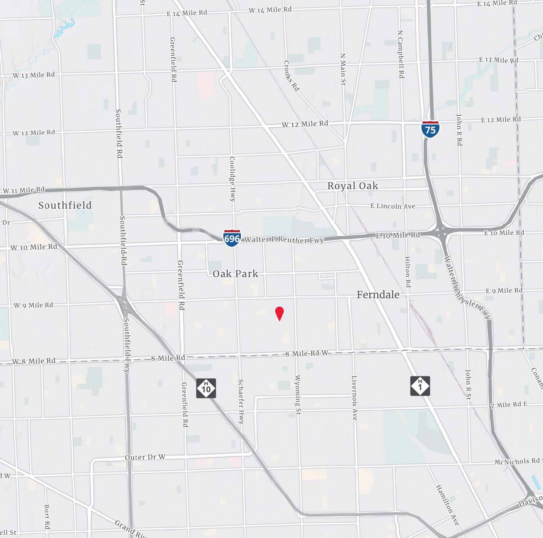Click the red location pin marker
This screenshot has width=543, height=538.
pos(279,313)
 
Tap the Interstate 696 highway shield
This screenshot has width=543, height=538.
pos(232,238)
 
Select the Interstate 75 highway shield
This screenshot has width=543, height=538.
pos(430,129)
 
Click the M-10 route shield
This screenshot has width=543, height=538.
pos(206,388)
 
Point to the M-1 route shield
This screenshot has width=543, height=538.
pos(420,386)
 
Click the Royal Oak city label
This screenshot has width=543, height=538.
pos(353,186)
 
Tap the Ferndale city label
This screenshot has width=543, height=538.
pos(378,295)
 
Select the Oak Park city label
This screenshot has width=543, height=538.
pos(235,274)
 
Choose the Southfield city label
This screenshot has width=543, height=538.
pos(65,205)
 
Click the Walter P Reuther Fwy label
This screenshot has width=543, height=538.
pos(284,240)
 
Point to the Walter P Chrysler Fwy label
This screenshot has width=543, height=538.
pos(467,288)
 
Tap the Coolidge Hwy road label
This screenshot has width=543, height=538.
pos(232,179)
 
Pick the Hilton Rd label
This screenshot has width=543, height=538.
pos(408,272)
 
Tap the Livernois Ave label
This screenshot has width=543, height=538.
pos(354,398)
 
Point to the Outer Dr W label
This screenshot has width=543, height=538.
pos(145,457)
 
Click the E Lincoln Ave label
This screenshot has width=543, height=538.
pos(392,206)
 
